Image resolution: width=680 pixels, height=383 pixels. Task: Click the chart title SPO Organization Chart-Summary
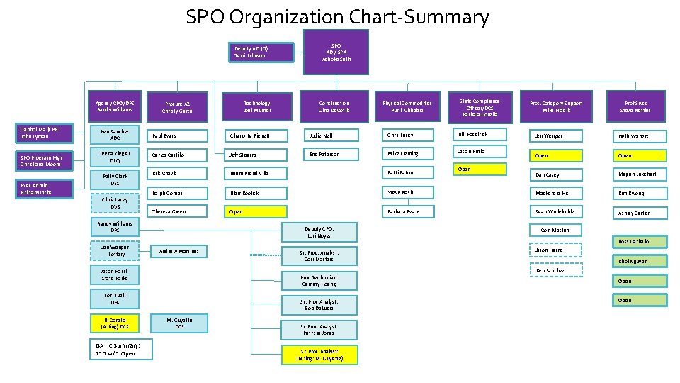(337, 16)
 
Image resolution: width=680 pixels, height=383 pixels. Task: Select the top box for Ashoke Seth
(338, 52)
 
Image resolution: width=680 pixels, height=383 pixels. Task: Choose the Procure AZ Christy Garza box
(177, 107)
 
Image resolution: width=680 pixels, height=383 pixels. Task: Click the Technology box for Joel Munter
(256, 106)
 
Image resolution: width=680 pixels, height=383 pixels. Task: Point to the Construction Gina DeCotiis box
(334, 106)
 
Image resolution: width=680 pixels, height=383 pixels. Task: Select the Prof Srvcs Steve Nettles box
(635, 106)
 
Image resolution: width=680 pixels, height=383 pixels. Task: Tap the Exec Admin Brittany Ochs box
(46, 189)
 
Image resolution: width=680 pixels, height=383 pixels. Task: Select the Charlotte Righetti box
(256, 135)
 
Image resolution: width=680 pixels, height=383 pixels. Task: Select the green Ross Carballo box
(641, 242)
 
